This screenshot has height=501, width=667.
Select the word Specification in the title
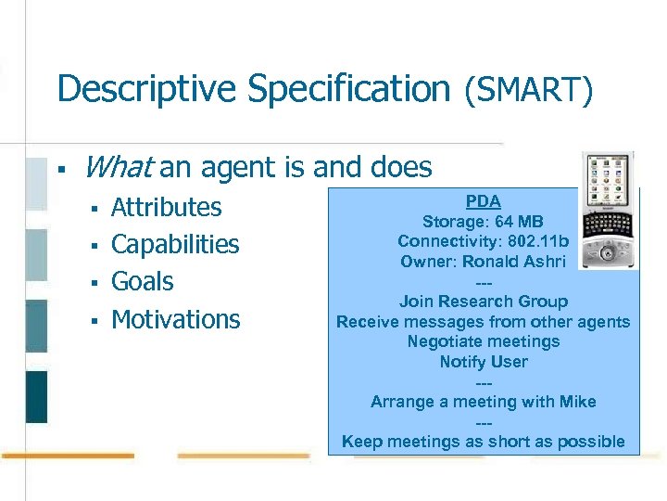pyautogui.click(x=355, y=89)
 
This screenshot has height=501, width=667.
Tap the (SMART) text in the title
pyautogui.click(x=527, y=89)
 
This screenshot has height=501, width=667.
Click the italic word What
pyautogui.click(x=118, y=167)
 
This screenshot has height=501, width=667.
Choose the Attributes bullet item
pyautogui.click(x=166, y=207)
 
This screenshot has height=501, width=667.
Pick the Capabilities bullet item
pyautogui.click(x=175, y=244)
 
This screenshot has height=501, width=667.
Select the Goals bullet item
pyautogui.click(x=142, y=281)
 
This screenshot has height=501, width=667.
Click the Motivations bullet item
pyautogui.click(x=175, y=319)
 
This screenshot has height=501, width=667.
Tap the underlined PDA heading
pyautogui.click(x=483, y=201)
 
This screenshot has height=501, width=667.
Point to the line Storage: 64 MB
pyautogui.click(x=483, y=222)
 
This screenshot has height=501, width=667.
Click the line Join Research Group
pyautogui.click(x=483, y=302)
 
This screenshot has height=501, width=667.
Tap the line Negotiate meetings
pyautogui.click(x=483, y=341)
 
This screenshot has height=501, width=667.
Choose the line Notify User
pyautogui.click(x=483, y=362)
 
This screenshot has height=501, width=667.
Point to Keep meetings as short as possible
pyautogui.click(x=483, y=442)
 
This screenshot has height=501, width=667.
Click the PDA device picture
pyautogui.click(x=609, y=212)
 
